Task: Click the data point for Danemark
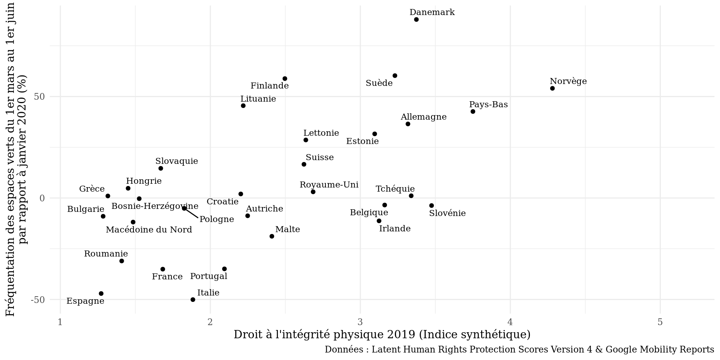point(416,19)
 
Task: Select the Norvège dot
point(552,88)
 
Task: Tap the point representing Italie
point(193,300)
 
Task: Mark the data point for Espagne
point(101,294)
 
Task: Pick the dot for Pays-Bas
point(473,112)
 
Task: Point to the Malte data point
point(272,236)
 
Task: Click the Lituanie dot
point(243,106)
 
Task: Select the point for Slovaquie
point(160,168)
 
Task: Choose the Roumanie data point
point(121,261)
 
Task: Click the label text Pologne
point(217,219)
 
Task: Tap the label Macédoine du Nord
point(149,230)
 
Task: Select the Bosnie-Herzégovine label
point(155,206)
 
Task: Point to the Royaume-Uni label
point(329,185)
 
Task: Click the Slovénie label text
point(447,213)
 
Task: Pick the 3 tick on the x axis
point(360,322)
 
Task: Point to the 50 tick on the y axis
point(39,97)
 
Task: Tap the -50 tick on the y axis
point(38,300)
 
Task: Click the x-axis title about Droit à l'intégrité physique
point(382,334)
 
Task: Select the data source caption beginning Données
point(519,349)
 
